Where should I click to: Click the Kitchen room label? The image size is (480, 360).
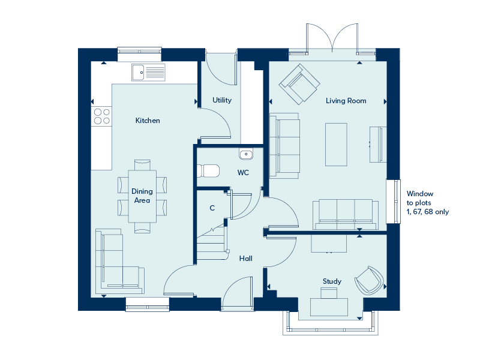tap(148, 121)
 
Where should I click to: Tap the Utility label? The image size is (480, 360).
tap(222, 100)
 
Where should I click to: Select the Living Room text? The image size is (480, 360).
tap(346, 101)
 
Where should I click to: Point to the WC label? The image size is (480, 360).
tap(243, 173)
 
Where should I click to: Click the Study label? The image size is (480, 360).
tap(332, 281)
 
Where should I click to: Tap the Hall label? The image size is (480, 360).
tap(246, 259)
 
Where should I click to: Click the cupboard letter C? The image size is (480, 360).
tap(212, 208)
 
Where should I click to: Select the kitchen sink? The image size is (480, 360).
tap(148, 73)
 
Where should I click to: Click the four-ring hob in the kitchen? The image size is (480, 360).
tap(102, 116)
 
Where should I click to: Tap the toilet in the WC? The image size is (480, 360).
tap(208, 171)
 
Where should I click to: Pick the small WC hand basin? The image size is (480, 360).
tap(246, 154)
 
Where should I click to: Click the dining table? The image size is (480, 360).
tap(142, 196)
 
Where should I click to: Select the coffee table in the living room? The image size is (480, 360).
tap(336, 145)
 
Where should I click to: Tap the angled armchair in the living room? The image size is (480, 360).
tap(299, 84)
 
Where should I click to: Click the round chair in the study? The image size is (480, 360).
tap(369, 280)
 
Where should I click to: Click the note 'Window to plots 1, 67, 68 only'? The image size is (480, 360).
tap(427, 203)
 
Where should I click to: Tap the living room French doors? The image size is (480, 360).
tap(332, 40)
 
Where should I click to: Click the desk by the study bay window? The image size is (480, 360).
tap(329, 307)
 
